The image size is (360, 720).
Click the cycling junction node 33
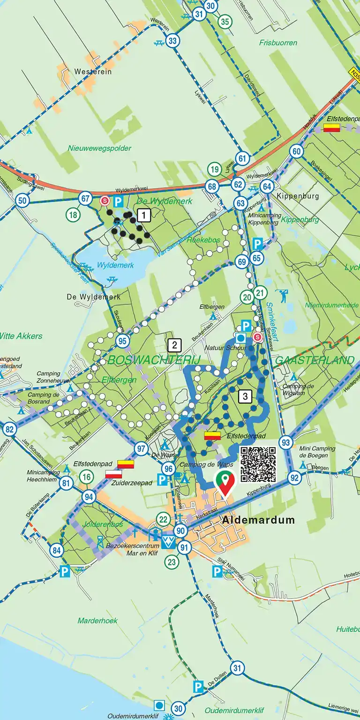(172, 41)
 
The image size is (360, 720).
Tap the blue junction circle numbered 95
(122, 341)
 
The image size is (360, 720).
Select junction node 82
(9, 429)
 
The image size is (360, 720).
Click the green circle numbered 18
(73, 215)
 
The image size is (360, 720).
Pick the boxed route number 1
(144, 216)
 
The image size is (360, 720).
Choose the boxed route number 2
(174, 346)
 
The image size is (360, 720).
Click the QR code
(258, 464)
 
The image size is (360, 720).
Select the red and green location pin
(225, 483)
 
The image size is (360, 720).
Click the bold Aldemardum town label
(259, 520)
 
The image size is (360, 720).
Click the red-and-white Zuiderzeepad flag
(113, 474)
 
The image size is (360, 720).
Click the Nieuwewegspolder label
(99, 148)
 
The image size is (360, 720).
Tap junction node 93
(285, 442)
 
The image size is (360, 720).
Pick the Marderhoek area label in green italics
(97, 621)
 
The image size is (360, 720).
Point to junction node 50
(22, 201)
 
